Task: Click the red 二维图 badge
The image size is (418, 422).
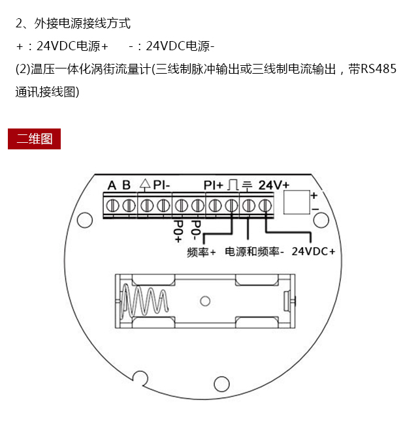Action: pos(34,139)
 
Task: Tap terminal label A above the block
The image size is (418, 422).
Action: pos(112,185)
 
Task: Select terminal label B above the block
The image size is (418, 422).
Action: pos(127,185)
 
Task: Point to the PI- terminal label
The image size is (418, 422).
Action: pos(162,185)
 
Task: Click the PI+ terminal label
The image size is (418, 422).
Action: pos(214,185)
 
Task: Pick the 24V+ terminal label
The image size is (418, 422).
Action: pos(274,185)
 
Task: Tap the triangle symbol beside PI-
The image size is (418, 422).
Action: pos(145,185)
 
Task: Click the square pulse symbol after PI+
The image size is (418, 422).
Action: pos(233,185)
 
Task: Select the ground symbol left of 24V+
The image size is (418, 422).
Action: pos(247,185)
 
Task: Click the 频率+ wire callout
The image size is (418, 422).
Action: pos(201,252)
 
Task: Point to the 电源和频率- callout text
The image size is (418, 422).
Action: pos(254,252)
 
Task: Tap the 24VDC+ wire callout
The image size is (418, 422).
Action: pos(313,251)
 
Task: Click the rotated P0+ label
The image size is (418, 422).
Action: pos(178,232)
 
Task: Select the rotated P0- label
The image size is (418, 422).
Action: pos(196,230)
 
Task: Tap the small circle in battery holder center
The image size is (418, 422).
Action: pos(205,301)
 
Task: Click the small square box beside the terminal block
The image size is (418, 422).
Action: pos(297,202)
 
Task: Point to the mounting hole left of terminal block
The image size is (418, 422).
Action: pos(85,220)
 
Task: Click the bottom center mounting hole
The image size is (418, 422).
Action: pos(221,384)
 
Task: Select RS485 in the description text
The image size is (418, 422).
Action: pos(379,69)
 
